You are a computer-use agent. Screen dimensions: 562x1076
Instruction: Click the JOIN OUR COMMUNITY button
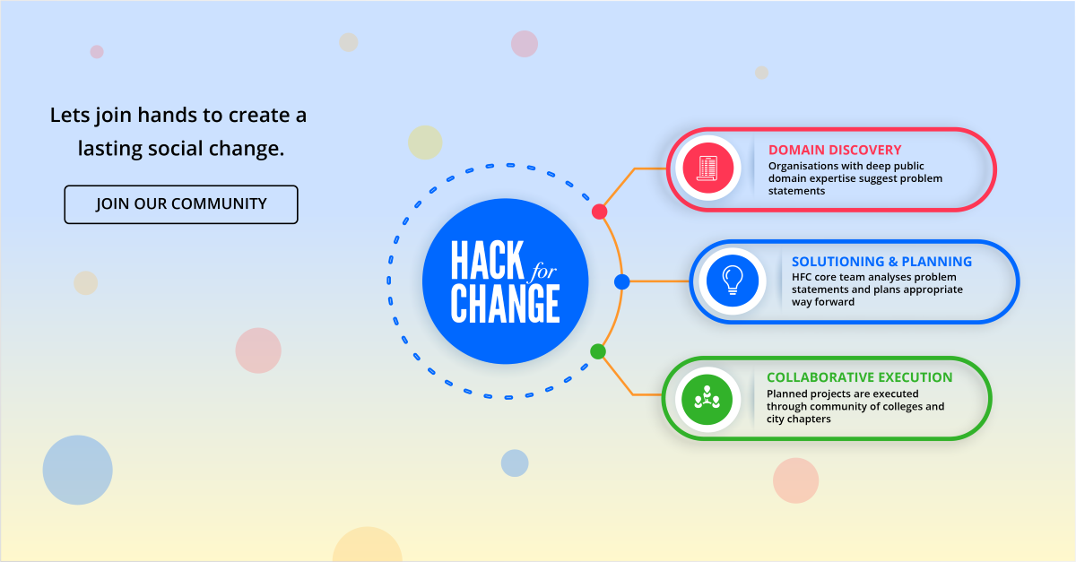coord(181,204)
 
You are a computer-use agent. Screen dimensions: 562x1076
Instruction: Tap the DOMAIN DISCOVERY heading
coord(835,150)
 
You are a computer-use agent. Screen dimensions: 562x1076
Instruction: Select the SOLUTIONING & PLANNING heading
coord(881,262)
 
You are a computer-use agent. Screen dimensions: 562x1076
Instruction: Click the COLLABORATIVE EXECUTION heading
coord(859,377)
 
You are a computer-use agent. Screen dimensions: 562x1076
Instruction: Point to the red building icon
coord(708,169)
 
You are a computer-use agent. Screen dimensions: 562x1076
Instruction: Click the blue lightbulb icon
coord(733,281)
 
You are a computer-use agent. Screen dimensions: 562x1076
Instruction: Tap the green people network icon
coord(707,398)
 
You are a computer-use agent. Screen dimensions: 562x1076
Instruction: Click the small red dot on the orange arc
coord(600,212)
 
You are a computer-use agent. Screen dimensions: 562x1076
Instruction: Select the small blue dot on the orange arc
coord(622,281)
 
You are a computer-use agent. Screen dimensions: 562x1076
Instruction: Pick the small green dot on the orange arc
coord(598,351)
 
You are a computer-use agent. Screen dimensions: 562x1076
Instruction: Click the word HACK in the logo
coord(486,261)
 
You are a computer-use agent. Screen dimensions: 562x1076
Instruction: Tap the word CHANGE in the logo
coord(506,304)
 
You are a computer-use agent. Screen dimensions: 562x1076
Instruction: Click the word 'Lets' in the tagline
coord(67,116)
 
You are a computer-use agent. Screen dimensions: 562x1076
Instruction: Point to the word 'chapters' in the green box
coord(807,419)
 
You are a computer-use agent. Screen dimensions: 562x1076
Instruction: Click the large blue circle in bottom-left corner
coord(78,470)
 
